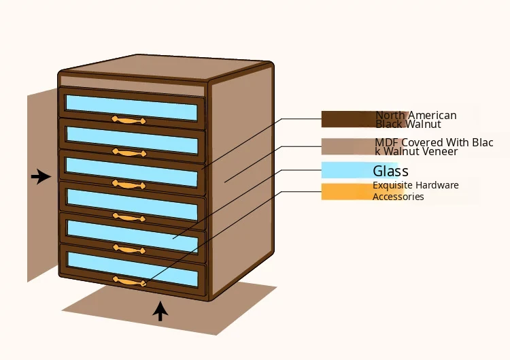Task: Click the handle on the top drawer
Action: [x=129, y=120]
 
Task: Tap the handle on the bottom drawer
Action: [x=129, y=281]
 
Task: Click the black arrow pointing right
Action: [x=41, y=177]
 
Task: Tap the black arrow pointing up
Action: [x=160, y=311]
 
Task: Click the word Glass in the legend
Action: [x=390, y=171]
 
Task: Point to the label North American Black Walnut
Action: [x=415, y=120]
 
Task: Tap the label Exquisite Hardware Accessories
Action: [x=415, y=191]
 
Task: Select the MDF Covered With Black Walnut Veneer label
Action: [x=433, y=146]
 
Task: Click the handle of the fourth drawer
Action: [x=129, y=217]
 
